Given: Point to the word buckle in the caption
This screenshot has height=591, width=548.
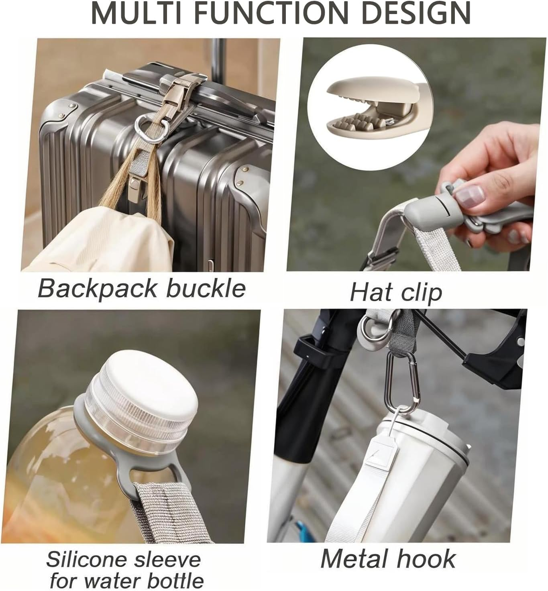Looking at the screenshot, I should coord(206,288).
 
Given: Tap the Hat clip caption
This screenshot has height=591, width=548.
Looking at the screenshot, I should coord(396,292).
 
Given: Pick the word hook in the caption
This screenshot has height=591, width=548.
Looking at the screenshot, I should coord(430,558).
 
